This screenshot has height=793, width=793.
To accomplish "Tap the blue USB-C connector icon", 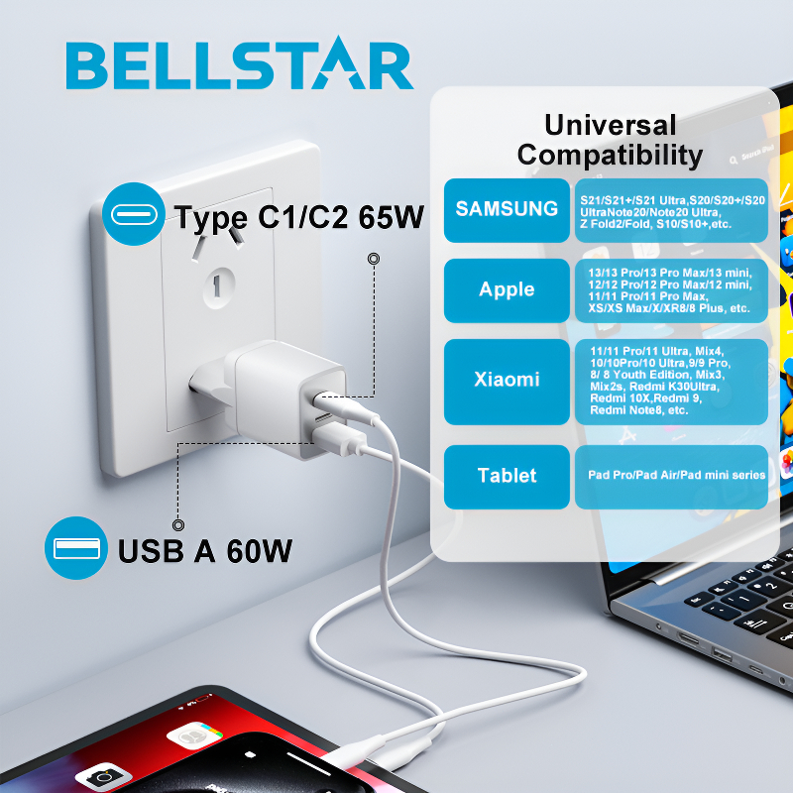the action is [134, 214].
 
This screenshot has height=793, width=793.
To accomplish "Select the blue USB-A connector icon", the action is [76, 548].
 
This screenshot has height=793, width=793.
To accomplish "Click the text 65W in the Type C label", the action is [391, 217].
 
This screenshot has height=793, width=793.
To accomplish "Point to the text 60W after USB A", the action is [259, 551].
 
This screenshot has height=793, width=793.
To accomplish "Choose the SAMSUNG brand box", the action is [507, 210].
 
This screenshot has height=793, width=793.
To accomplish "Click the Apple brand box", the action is [507, 290].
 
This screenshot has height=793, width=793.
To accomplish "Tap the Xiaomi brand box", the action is [507, 382].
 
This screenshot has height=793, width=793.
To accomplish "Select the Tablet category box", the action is [507, 477].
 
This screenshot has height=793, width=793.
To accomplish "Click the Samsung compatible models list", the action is [672, 210].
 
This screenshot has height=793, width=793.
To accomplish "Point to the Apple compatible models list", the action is [672, 290].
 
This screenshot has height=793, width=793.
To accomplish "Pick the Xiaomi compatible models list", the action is [672, 382].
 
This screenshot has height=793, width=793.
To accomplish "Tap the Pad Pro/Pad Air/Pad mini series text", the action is [676, 475].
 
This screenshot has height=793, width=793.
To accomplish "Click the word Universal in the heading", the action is [610, 125].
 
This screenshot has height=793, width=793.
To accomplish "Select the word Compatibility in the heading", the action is [610, 156].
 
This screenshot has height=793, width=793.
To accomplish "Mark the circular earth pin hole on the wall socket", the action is [218, 287].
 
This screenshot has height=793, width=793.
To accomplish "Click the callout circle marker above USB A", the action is [178, 525].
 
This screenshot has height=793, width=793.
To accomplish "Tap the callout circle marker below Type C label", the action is [374, 259].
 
